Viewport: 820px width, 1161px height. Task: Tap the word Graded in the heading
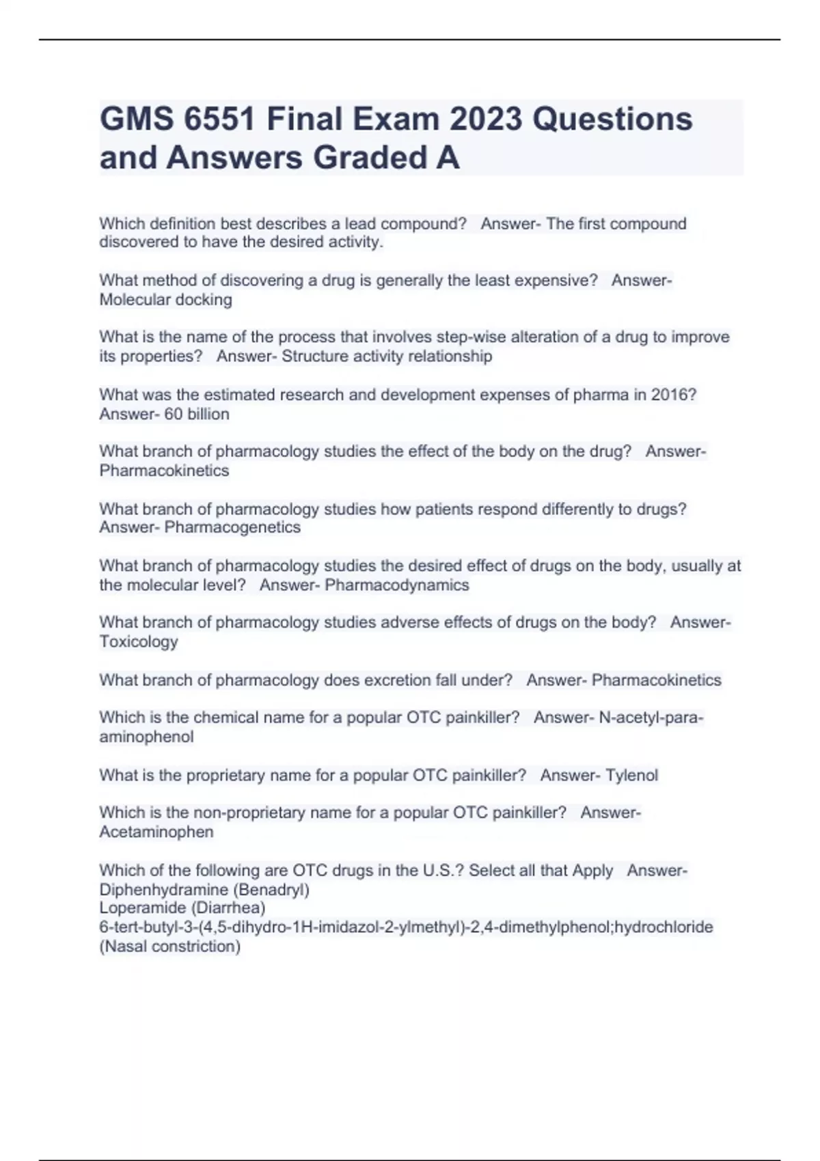pos(366,158)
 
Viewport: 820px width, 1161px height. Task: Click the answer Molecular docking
pos(165,300)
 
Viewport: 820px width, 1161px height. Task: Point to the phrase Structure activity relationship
pos(387,356)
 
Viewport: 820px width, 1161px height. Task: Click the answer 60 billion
pos(197,414)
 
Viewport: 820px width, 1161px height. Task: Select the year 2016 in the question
pos(673,395)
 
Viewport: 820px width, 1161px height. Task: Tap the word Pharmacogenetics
pos(232,527)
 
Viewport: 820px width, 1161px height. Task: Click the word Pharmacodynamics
pos(397,585)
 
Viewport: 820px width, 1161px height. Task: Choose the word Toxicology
pos(139,642)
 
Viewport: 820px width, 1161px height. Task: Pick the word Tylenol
pos(632,775)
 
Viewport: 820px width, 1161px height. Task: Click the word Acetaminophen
pos(156,832)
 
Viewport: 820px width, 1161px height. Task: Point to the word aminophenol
pos(146,737)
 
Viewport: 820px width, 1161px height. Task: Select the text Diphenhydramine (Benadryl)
pos(204,890)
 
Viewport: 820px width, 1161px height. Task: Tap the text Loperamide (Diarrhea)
pos(182,908)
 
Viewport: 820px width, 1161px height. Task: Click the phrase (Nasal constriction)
pos(170,947)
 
